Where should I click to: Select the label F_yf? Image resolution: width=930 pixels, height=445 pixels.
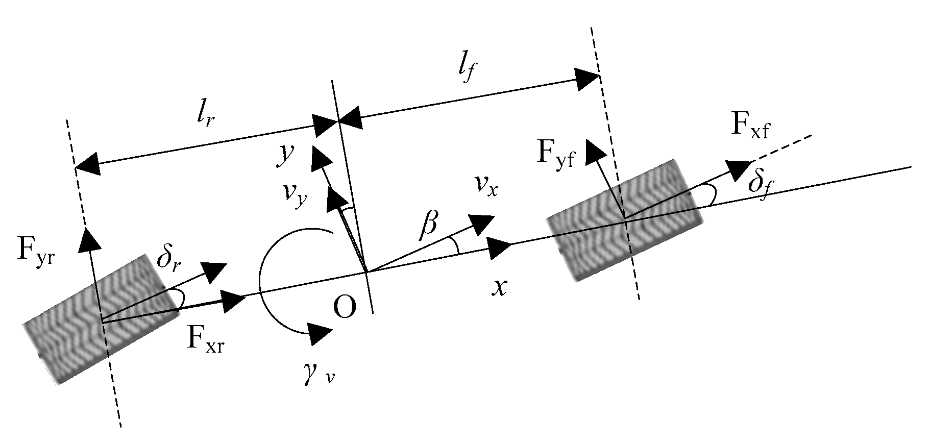(x=555, y=153)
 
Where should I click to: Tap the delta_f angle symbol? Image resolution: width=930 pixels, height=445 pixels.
(x=757, y=182)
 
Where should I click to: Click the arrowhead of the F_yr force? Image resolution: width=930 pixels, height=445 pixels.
(x=88, y=239)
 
